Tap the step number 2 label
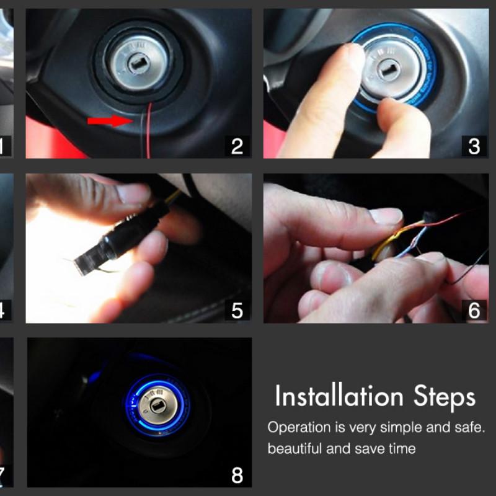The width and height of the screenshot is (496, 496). click(237, 146)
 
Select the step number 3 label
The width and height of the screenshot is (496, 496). click(474, 146)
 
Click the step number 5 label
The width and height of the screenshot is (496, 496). click(237, 311)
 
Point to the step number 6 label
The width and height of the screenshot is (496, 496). click(474, 311)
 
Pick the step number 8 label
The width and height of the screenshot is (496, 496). click(237, 476)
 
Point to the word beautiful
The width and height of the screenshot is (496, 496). click(294, 448)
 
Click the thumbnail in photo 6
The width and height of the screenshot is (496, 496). click(384, 215)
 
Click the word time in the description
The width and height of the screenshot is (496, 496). click(400, 448)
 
